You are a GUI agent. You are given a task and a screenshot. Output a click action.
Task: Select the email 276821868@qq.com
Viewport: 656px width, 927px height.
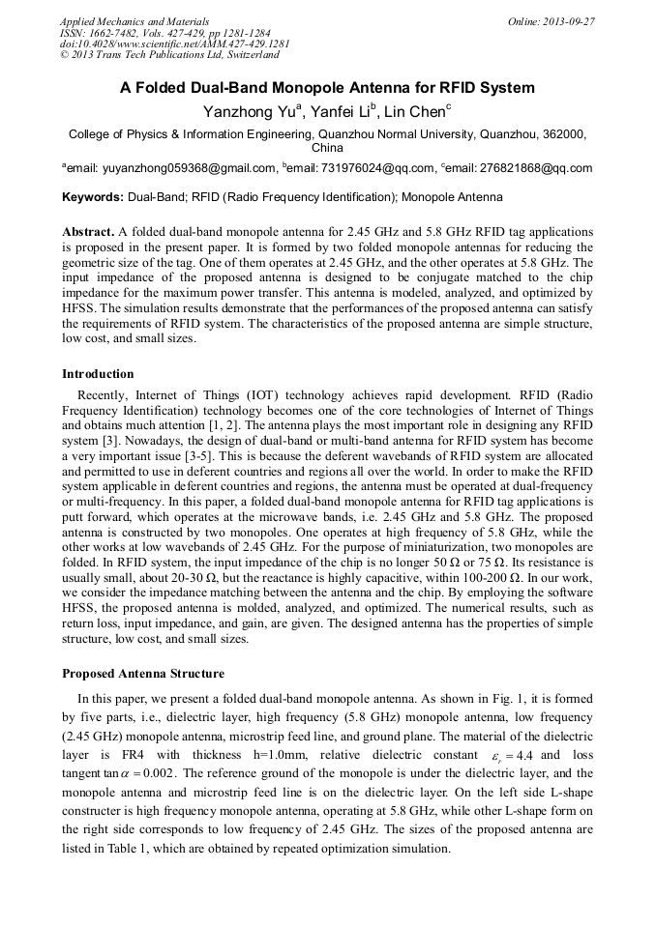(545, 168)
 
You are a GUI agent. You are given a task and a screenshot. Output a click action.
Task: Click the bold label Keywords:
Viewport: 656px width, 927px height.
(92, 197)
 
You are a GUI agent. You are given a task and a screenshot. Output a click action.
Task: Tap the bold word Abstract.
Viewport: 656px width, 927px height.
(88, 232)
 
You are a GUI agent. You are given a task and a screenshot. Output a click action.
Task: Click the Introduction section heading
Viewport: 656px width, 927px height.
(98, 373)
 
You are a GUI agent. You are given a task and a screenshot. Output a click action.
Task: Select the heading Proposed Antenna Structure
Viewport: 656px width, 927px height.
(143, 673)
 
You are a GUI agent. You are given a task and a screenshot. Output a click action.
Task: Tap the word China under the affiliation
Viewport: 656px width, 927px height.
(327, 148)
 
